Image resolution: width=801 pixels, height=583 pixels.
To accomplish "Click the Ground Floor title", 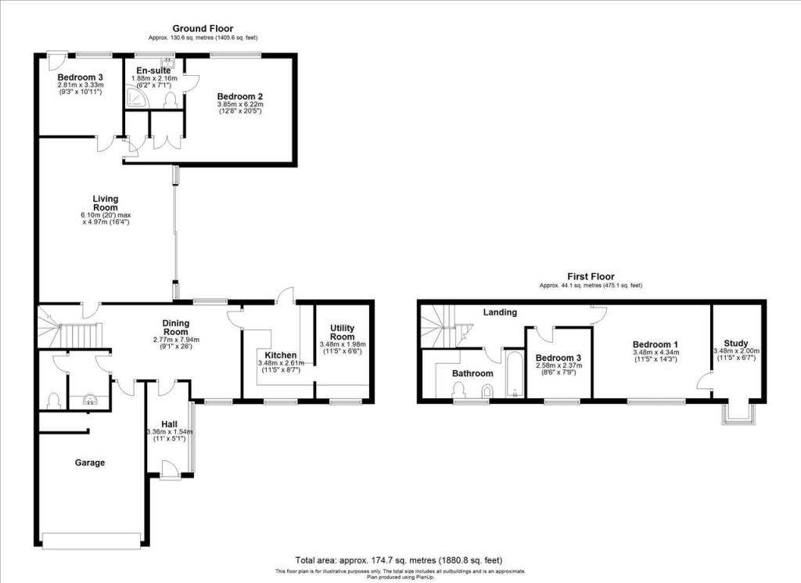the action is pyautogui.click(x=203, y=29).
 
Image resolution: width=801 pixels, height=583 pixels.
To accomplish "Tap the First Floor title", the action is pyautogui.click(x=591, y=276).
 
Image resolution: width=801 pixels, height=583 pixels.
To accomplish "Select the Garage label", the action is pyautogui.click(x=90, y=462).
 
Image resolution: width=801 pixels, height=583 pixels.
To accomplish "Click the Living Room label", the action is pyautogui.click(x=106, y=203).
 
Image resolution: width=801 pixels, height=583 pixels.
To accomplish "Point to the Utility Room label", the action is pyautogui.click(x=343, y=332).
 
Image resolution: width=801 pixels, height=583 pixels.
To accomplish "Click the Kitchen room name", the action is pyautogui.click(x=281, y=355).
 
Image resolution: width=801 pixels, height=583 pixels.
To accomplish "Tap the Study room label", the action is pyautogui.click(x=736, y=344).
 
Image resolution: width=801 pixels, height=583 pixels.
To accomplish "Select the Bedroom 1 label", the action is pyautogui.click(x=656, y=344).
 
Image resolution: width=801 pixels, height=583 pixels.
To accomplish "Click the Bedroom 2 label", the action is pyautogui.click(x=240, y=96).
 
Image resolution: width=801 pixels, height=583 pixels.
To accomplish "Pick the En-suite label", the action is pyautogui.click(x=154, y=70).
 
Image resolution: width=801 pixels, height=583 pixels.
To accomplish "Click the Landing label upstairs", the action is pyautogui.click(x=500, y=312).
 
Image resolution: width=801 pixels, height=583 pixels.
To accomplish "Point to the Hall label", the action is pyautogui.click(x=169, y=424).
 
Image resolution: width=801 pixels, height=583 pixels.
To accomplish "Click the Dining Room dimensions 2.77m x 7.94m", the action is pyautogui.click(x=176, y=340).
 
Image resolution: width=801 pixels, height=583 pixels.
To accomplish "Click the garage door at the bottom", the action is pyautogui.click(x=92, y=541).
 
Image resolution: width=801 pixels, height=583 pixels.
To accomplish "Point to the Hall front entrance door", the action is pyautogui.click(x=169, y=470).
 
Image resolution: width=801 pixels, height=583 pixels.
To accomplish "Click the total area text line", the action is pyautogui.click(x=399, y=560).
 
